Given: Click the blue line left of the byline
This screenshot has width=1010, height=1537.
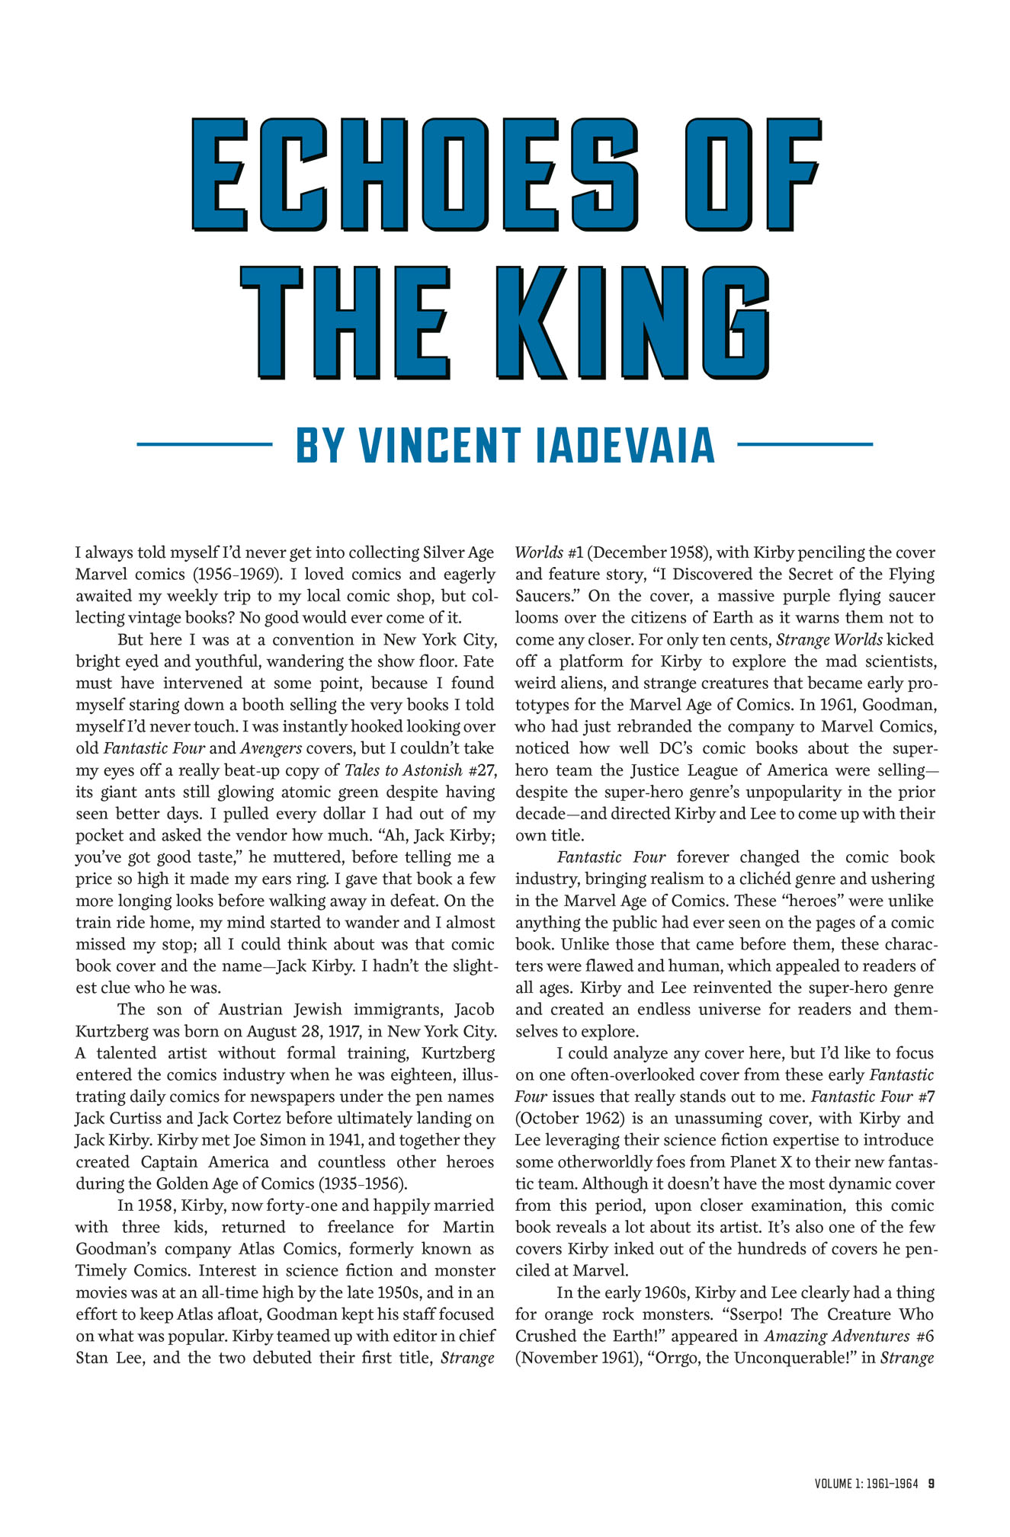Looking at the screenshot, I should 204,443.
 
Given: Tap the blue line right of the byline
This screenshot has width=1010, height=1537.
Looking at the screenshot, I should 805,443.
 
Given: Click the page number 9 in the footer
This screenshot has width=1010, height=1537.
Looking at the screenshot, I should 931,1484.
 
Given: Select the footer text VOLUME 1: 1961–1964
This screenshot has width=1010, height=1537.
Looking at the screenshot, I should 866,1484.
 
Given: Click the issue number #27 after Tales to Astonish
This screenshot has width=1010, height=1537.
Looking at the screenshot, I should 481,770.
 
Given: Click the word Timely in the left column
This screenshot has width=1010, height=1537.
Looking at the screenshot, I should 102,1271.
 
